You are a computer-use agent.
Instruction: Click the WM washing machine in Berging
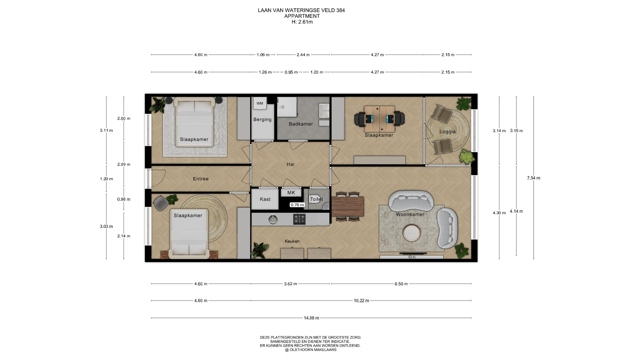coord(260,103)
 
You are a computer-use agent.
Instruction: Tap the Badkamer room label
coord(301,124)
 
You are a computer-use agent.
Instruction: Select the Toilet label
coord(316,199)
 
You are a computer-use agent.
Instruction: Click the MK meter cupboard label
coord(291,193)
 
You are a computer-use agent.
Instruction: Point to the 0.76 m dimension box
coord(297,205)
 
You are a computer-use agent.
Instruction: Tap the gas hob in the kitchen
coord(299,219)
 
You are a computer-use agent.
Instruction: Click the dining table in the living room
coord(348,207)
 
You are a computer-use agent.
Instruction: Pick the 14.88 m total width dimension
coord(311,318)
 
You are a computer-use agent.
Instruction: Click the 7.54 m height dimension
coord(533,178)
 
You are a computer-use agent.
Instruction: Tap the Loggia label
coord(447,132)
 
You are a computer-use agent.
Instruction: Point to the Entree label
coord(201,179)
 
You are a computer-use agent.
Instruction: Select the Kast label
coord(265,199)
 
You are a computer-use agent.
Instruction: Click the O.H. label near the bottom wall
coord(412,257)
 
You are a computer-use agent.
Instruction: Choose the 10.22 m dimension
coord(361,301)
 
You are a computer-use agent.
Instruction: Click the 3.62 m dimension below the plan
coord(290,284)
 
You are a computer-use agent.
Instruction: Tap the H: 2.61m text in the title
coord(302,22)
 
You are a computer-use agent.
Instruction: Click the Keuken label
coord(292,241)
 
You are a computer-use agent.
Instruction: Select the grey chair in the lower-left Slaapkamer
coord(161,203)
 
